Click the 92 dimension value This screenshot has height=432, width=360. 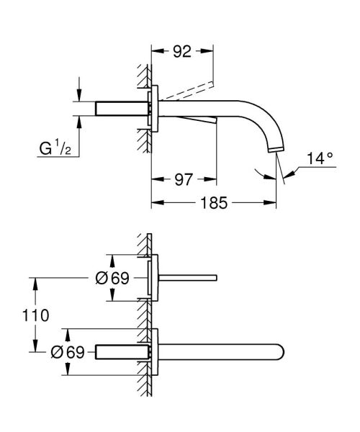point(181,52)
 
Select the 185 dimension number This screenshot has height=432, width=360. point(212,203)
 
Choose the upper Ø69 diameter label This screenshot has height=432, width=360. point(112,277)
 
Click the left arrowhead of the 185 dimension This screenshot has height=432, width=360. point(153,203)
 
